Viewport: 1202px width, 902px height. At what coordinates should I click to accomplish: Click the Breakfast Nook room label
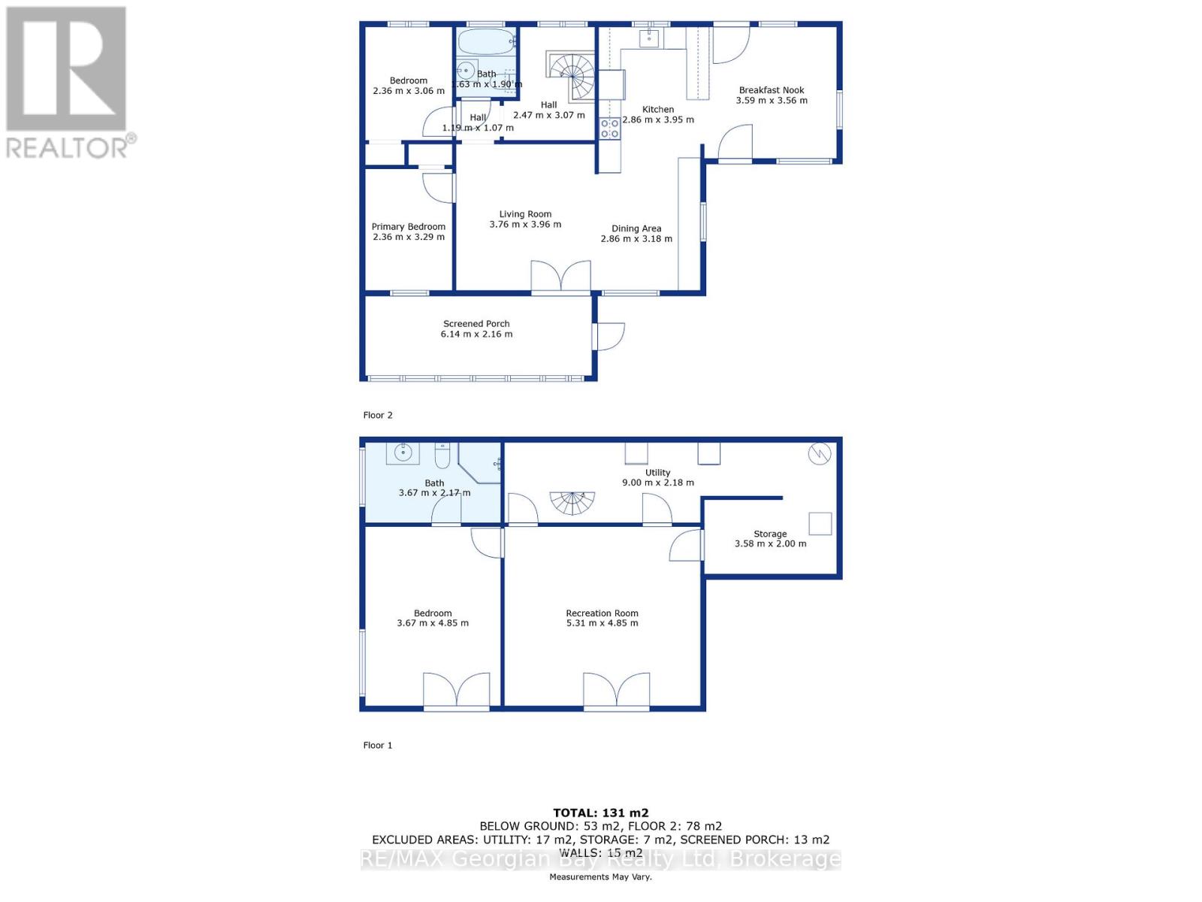point(772,90)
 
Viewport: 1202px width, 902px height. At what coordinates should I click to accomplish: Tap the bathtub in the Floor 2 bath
point(486,42)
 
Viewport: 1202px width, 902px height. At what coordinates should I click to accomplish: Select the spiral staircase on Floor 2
point(572,75)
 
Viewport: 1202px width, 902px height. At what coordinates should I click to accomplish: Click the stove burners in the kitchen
point(610,129)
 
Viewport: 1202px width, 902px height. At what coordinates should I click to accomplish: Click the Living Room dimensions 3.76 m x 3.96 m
point(525,225)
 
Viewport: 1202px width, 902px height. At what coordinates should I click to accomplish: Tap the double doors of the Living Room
point(560,277)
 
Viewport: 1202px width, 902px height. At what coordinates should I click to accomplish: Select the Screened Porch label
point(476,324)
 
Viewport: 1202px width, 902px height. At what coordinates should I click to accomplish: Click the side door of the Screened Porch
point(609,336)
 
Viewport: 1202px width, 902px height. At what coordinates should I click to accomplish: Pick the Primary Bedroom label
point(409,227)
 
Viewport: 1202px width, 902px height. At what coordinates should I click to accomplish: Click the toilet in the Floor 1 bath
point(442,455)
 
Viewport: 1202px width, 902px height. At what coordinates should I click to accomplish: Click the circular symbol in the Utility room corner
point(819,454)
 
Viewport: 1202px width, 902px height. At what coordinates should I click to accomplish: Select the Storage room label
point(770,534)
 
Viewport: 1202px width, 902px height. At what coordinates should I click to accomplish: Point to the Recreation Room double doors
point(616,692)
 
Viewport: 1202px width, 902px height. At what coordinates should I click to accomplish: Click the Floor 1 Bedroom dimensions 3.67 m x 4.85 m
point(433,623)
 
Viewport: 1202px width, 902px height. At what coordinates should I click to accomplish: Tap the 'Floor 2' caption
point(378,415)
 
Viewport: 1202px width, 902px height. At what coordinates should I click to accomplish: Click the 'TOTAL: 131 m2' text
point(600,813)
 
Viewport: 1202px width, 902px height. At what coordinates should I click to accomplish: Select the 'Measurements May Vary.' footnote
point(600,877)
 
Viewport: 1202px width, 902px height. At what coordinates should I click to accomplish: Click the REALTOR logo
point(68,83)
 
